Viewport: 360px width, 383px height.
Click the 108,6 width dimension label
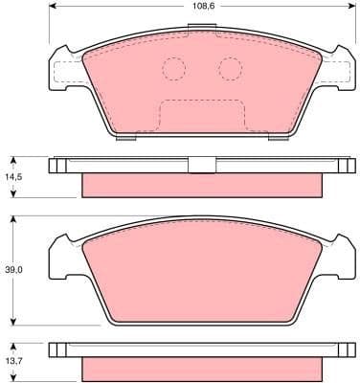click(x=199, y=8)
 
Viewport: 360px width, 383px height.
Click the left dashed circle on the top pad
click(x=173, y=69)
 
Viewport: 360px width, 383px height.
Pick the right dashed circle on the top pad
click(x=230, y=69)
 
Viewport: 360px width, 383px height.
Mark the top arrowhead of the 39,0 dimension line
click(x=12, y=218)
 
